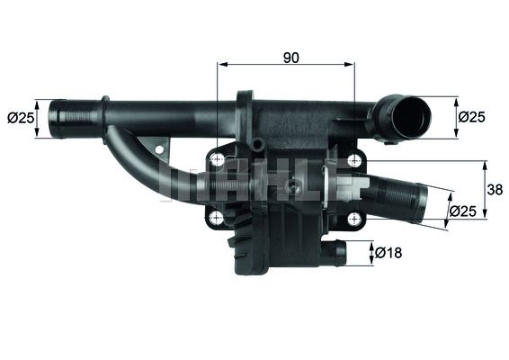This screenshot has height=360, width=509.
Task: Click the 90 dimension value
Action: point(290,58)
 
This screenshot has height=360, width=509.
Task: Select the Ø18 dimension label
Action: point(388,253)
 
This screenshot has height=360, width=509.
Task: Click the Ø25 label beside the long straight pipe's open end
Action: point(20,118)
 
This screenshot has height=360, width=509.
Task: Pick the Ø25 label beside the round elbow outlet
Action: point(472,116)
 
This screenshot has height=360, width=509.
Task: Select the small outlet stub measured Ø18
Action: point(335,253)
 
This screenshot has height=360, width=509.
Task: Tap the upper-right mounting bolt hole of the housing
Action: point(354,160)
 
